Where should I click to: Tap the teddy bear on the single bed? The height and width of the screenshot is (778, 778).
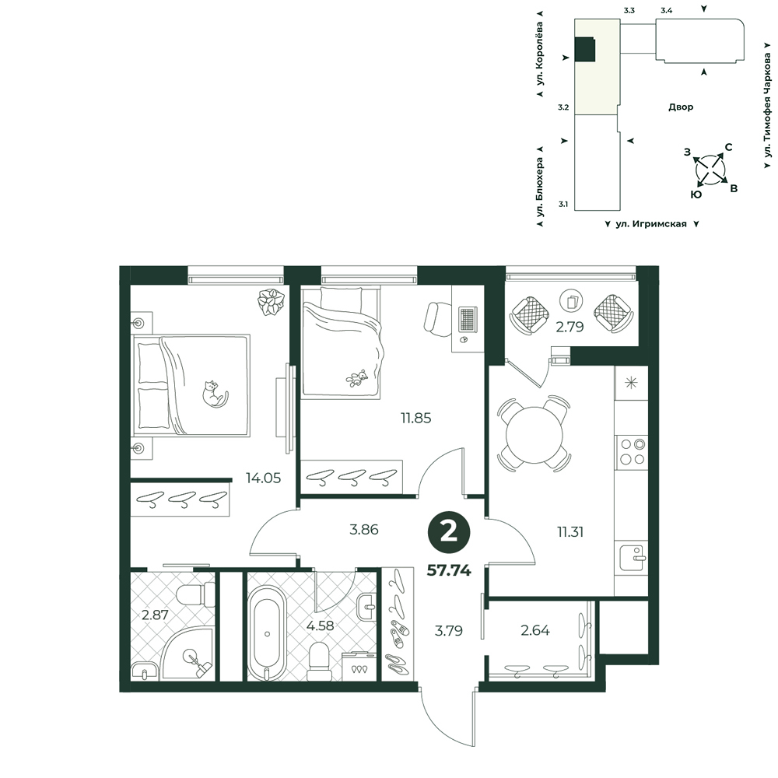pyautogui.click(x=357, y=379)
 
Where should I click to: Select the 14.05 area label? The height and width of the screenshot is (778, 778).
pyautogui.click(x=263, y=478)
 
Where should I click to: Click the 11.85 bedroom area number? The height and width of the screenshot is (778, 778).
pyautogui.click(x=415, y=418)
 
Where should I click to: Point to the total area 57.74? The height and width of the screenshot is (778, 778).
pyautogui.click(x=449, y=570)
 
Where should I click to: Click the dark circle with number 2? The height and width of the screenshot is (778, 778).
pyautogui.click(x=449, y=533)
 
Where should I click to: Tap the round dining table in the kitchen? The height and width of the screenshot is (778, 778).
pyautogui.click(x=534, y=435)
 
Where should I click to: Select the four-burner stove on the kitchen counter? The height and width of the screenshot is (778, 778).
pyautogui.click(x=631, y=452)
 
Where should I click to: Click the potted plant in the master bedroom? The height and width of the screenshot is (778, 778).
pyautogui.click(x=271, y=301)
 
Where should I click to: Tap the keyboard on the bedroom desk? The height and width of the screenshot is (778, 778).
pyautogui.click(x=467, y=319)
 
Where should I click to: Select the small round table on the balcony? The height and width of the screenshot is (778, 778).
pyautogui.click(x=570, y=300)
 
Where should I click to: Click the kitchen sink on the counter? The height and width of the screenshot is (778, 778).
pyautogui.click(x=632, y=558)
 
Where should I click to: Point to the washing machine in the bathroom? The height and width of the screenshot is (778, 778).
pyautogui.click(x=359, y=667)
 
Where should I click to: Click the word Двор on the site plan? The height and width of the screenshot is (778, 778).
pyautogui.click(x=681, y=107)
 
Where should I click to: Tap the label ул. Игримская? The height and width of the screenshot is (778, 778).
pyautogui.click(x=651, y=224)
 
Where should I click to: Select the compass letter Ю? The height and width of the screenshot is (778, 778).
pyautogui.click(x=696, y=194)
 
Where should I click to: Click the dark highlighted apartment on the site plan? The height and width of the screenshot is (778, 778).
pyautogui.click(x=585, y=50)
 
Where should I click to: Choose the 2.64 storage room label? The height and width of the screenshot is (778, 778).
pyautogui.click(x=535, y=630)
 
